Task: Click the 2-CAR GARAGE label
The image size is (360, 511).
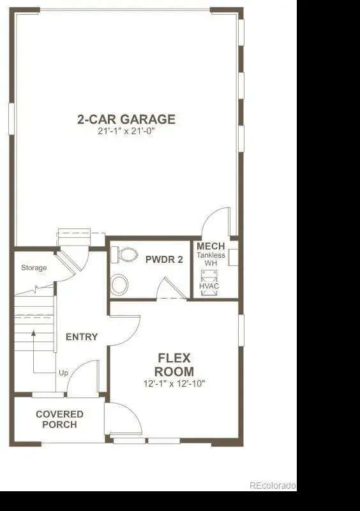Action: pos(126,119)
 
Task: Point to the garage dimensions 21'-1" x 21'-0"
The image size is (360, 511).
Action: pos(126,131)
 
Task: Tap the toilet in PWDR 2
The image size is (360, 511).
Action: pos(124,255)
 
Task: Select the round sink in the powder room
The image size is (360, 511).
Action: pos(119,285)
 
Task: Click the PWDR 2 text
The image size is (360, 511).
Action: pos(164,260)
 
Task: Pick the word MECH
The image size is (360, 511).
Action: pos(211,246)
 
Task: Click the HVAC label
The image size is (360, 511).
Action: pos(209,286)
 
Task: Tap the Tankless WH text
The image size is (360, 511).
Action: pos(211,259)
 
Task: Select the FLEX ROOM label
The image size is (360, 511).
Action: pos(174,365)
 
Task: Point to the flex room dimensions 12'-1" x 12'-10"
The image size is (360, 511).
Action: pos(174,383)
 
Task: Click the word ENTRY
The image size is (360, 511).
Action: pos(82,337)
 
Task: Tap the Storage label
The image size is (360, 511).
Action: pos(34,268)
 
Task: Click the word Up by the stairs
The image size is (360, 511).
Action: pos(63,373)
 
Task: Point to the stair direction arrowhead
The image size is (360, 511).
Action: pos(33,333)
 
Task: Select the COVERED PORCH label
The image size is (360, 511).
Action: pos(59,419)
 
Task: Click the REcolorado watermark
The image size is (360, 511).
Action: pos(273,485)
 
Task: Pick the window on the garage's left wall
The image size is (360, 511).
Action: pos(11,119)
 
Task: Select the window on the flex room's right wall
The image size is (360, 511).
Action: pos(241,330)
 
